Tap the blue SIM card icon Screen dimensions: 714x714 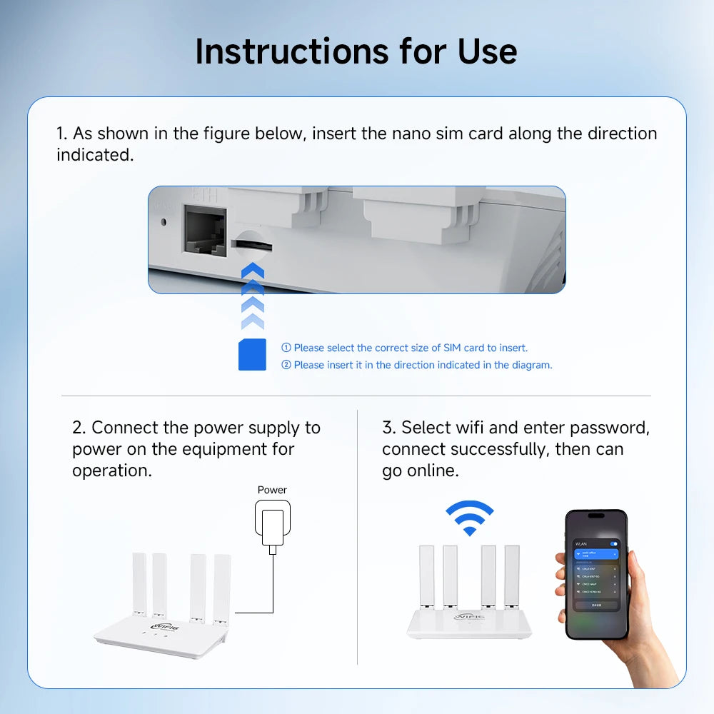click(252, 354)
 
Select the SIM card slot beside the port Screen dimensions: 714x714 click(251, 244)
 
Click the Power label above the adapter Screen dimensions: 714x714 click(272, 490)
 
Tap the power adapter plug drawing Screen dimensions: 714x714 click(272, 521)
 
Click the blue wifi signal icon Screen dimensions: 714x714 click(469, 518)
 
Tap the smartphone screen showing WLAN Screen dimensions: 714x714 click(596, 575)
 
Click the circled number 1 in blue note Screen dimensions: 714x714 click(286, 348)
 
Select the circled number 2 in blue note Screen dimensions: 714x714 click(286, 365)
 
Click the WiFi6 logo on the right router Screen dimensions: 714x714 click(469, 615)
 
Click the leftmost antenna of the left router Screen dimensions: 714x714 click(139, 584)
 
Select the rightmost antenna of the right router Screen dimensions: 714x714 click(511, 577)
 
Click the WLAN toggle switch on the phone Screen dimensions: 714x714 click(614, 545)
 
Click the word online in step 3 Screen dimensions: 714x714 click(431, 471)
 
